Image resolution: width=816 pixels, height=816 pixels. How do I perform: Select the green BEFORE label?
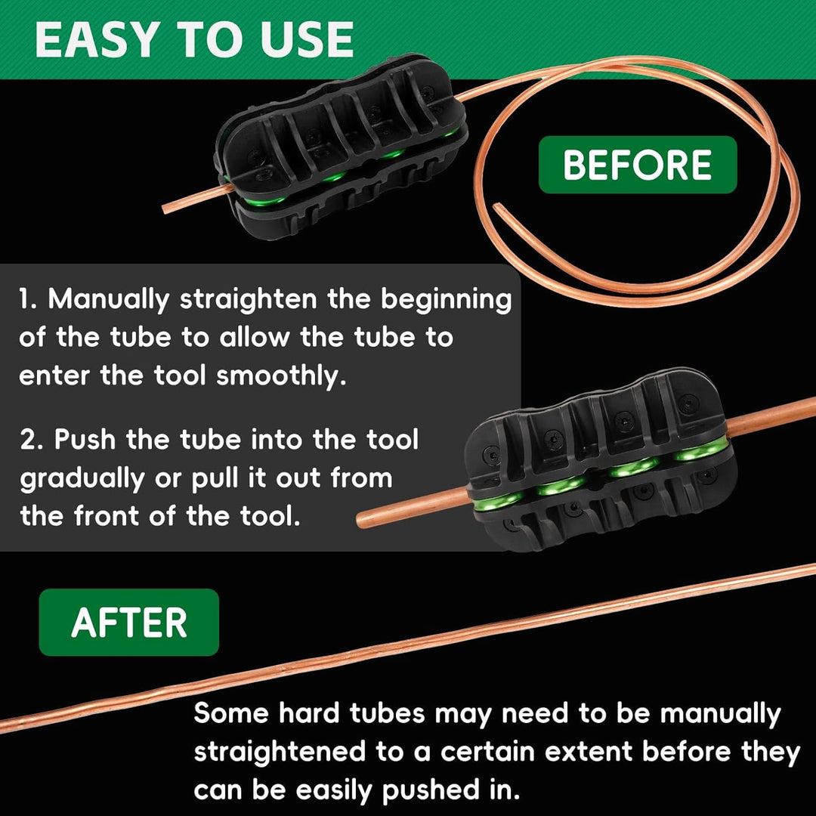pos(637,165)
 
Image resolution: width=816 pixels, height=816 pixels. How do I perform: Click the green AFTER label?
pos(129,623)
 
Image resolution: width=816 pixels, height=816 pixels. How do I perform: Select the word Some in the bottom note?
pos(231,713)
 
